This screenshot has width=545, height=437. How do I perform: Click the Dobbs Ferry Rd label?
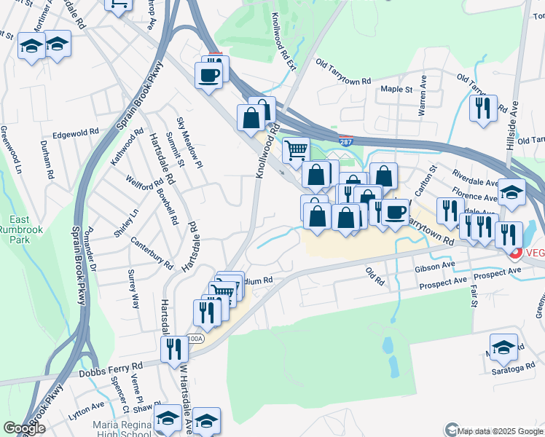pyautogui.click(x=109, y=371)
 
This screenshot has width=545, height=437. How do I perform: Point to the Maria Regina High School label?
pyautogui.click(x=122, y=430)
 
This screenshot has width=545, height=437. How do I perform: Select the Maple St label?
pyautogui.click(x=397, y=90)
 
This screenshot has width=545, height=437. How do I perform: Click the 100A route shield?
pyautogui.click(x=194, y=339)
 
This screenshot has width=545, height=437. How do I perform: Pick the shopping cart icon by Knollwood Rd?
pyautogui.click(x=295, y=150)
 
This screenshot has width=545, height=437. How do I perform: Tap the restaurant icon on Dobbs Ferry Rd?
pyautogui.click(x=174, y=348)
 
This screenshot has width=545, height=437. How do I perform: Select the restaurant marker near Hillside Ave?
pyautogui.click(x=483, y=107)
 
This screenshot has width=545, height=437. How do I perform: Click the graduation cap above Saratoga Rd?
pyautogui.click(x=503, y=346)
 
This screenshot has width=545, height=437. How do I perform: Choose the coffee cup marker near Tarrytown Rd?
pyautogui.click(x=395, y=212)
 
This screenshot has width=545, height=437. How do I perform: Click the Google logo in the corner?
pyautogui.click(x=24, y=429)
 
